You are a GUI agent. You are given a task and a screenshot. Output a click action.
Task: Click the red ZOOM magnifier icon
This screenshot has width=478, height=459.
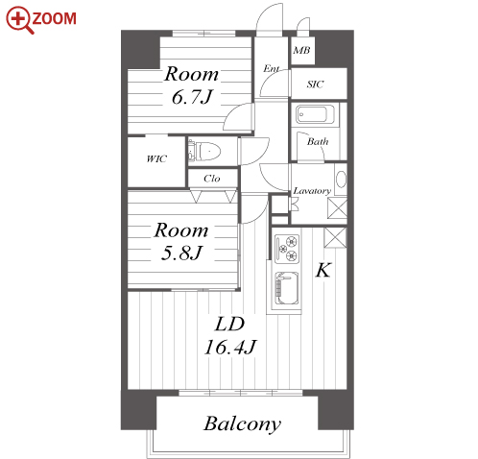20,20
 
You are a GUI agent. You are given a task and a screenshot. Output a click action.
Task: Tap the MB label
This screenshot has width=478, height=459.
301,50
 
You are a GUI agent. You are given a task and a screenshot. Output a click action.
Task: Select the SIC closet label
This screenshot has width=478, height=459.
315,84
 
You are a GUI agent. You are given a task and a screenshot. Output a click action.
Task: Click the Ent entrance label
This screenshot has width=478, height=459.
271,68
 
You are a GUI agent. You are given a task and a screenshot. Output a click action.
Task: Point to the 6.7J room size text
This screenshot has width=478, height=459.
192,97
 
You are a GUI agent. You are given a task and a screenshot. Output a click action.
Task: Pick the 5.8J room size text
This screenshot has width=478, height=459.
181,253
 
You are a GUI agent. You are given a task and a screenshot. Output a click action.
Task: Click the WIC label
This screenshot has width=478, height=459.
156,158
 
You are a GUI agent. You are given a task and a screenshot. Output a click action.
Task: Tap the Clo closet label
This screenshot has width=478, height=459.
212,179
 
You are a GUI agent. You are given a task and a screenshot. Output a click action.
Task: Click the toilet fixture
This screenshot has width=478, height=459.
204,151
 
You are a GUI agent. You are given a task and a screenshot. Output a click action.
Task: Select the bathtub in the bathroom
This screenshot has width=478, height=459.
315,114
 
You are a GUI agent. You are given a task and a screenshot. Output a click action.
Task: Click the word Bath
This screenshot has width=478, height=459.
318,141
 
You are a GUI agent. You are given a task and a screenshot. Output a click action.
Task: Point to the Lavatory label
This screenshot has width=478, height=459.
312,191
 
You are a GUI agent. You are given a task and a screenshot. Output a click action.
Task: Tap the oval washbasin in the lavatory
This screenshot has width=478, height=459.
342,180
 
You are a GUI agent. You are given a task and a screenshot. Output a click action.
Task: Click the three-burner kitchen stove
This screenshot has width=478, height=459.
287,249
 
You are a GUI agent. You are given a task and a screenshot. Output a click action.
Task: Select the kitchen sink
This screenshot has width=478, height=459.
287,288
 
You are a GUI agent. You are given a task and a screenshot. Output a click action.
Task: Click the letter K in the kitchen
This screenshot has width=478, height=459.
323,270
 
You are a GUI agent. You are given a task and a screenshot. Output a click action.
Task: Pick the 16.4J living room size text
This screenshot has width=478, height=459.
230,347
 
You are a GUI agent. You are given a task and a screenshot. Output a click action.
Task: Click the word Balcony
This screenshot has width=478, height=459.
242,423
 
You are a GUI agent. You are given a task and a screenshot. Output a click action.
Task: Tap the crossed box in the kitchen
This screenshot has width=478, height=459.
335,237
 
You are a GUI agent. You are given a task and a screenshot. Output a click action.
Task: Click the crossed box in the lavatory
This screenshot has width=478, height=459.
337,208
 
